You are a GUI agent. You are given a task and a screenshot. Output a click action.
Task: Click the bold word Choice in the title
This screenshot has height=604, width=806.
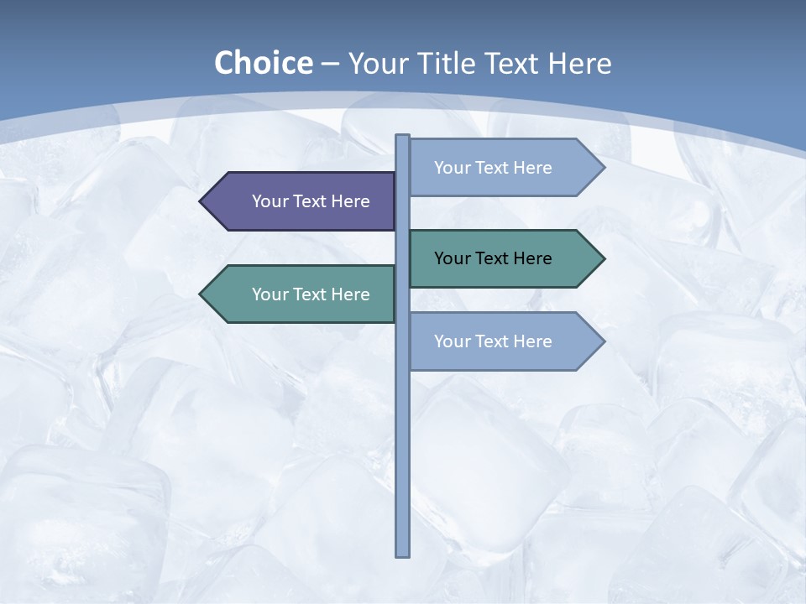click(263, 63)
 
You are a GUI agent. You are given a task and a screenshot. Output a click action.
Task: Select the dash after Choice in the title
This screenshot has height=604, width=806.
click(330, 65)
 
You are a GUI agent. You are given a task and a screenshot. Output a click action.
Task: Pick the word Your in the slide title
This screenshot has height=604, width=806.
click(375, 63)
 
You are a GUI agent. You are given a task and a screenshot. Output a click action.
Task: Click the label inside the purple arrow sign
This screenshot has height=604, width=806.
click(311, 201)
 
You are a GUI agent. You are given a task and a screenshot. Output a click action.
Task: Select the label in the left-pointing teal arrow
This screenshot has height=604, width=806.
click(311, 294)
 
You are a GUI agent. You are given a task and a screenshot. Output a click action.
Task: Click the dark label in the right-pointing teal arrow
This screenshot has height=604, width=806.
click(493, 258)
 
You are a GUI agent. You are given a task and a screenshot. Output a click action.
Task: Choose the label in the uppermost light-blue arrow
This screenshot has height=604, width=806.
click(493, 168)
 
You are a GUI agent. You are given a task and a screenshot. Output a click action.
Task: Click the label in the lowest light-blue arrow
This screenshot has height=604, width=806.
click(493, 341)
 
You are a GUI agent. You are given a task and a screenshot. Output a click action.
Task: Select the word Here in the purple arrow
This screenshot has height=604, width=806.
click(350, 201)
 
